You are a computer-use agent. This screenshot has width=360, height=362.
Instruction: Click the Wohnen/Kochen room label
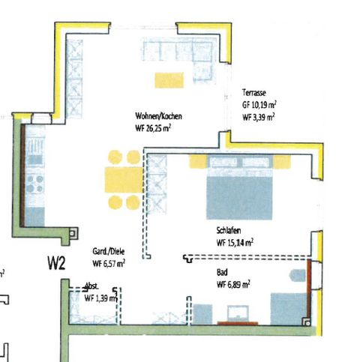[158, 117]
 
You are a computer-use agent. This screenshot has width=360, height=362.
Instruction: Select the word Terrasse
[255, 93]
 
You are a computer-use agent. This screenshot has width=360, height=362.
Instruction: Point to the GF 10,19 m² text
[258, 105]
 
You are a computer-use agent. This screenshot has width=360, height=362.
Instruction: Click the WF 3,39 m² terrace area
[257, 117]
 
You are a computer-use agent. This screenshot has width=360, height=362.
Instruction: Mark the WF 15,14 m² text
[234, 243]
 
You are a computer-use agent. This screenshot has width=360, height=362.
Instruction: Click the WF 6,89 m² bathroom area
[232, 285]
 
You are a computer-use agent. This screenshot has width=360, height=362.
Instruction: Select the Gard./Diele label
[108, 252]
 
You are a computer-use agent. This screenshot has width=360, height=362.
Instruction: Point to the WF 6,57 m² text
[109, 264]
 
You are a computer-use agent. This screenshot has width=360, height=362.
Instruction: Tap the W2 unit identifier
[57, 263]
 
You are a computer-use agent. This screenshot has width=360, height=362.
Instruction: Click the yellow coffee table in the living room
[170, 79]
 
